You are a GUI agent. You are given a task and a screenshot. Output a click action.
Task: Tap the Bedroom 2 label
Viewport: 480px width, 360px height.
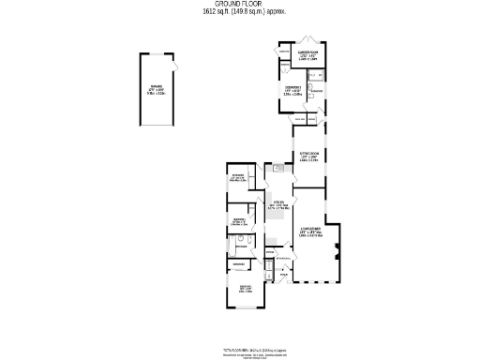[x=292, y=90]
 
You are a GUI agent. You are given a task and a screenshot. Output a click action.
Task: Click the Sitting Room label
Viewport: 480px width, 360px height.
[x=310, y=156]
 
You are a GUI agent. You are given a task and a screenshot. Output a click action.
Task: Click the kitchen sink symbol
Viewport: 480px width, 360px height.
[x=278, y=169]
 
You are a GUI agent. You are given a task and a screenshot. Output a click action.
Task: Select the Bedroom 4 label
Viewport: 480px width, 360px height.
[x=239, y=221]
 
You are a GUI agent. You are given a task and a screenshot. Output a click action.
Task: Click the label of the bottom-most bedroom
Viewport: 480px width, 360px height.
[x=245, y=288]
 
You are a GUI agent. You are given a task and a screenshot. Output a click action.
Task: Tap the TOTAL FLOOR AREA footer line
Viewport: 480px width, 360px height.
[x=239, y=348]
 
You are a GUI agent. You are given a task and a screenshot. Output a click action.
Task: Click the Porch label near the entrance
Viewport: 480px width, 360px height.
[x=282, y=275]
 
